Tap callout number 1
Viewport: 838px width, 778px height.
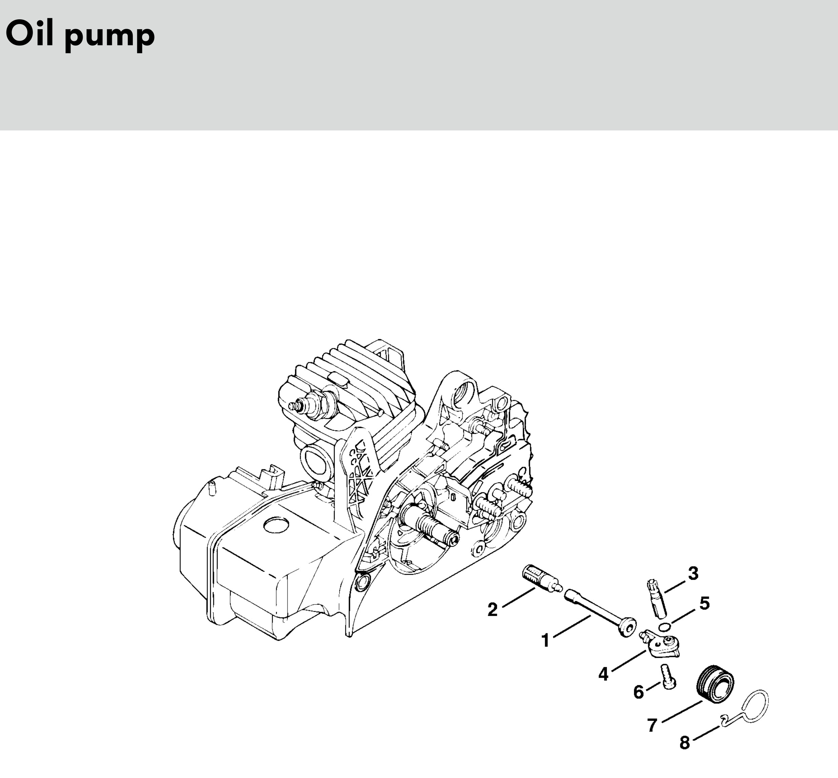click(x=546, y=641)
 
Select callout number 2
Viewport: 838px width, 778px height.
click(x=493, y=610)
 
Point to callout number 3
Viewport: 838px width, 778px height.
click(x=693, y=573)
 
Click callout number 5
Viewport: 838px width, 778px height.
click(x=704, y=603)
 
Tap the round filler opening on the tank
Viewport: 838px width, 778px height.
click(x=276, y=526)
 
